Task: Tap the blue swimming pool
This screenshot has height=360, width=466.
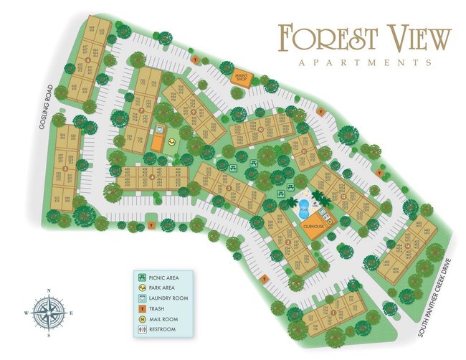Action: (304, 211)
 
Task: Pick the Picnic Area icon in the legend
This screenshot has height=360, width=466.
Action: (143, 276)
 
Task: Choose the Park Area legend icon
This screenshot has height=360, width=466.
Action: (143, 287)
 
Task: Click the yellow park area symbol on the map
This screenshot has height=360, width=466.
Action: (172, 142)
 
